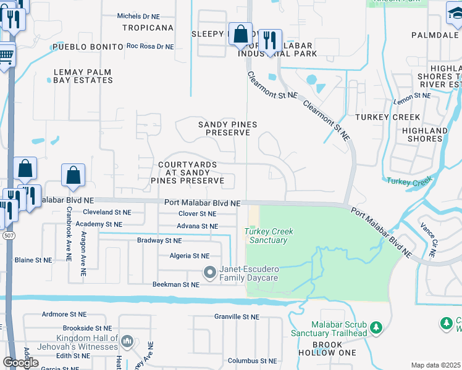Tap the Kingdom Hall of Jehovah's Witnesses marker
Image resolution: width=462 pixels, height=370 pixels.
coord(127,341)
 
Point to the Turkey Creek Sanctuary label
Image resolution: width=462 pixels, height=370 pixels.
coord(269,236)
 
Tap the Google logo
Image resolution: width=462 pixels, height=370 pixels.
coord(20,363)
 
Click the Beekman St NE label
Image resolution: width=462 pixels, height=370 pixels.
coord(176,284)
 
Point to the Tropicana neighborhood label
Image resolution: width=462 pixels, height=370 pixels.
coord(148,28)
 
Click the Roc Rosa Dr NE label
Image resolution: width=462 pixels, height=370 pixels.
coord(150,46)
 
